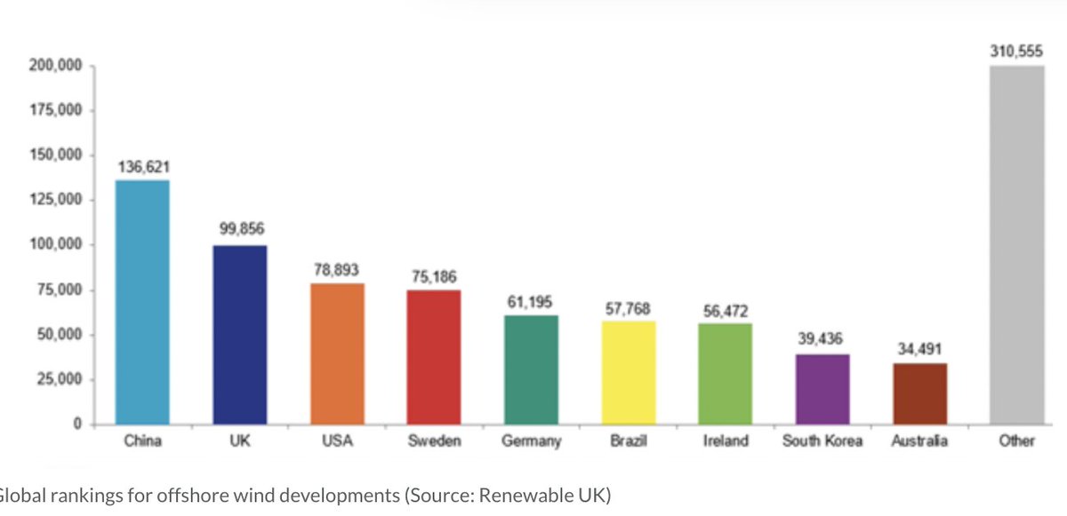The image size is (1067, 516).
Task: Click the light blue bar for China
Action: coord(142,302)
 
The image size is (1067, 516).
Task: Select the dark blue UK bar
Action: coord(239,335)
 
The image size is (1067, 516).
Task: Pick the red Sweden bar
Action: coord(433,357)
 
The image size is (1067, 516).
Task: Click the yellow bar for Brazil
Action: coord(628,373)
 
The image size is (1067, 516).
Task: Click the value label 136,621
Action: coord(143,167)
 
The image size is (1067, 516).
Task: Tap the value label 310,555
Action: coord(1017,52)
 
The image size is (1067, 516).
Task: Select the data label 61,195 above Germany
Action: coord(531,302)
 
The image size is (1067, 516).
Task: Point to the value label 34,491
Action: coord(919,349)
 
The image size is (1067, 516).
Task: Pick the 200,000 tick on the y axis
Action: coord(56,66)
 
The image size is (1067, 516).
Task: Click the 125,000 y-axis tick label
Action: coord(56,201)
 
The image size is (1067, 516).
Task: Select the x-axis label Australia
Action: coord(919,441)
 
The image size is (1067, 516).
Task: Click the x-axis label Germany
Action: coord(531,441)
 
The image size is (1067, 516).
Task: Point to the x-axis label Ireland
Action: coord(725,441)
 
